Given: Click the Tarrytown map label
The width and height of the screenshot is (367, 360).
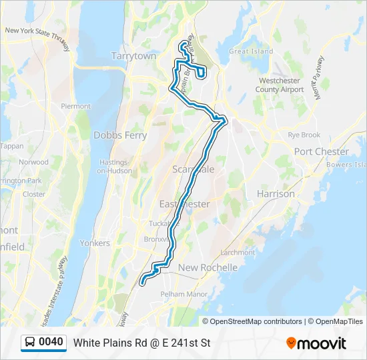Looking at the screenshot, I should point(134,56).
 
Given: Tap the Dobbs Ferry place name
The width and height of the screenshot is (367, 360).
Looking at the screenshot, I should point(120,135).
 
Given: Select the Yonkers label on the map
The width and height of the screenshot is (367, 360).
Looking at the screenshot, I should point(94,243).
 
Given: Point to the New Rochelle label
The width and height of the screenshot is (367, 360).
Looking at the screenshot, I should point(208,267).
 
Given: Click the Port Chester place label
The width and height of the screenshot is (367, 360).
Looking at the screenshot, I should point(322,151).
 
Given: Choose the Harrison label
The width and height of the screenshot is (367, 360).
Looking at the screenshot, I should point(276,194).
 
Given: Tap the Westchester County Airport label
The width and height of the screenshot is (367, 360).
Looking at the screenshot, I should point(281,85).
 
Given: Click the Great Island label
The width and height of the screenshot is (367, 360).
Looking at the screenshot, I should point(251,51).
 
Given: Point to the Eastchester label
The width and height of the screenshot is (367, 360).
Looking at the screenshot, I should point(184,204).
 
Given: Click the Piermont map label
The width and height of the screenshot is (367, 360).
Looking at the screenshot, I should point(75,107).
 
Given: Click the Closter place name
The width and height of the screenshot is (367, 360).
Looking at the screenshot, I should point(34,195).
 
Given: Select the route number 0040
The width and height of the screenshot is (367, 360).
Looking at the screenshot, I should point(51,343).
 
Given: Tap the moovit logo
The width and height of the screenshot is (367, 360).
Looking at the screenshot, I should point(316,343).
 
